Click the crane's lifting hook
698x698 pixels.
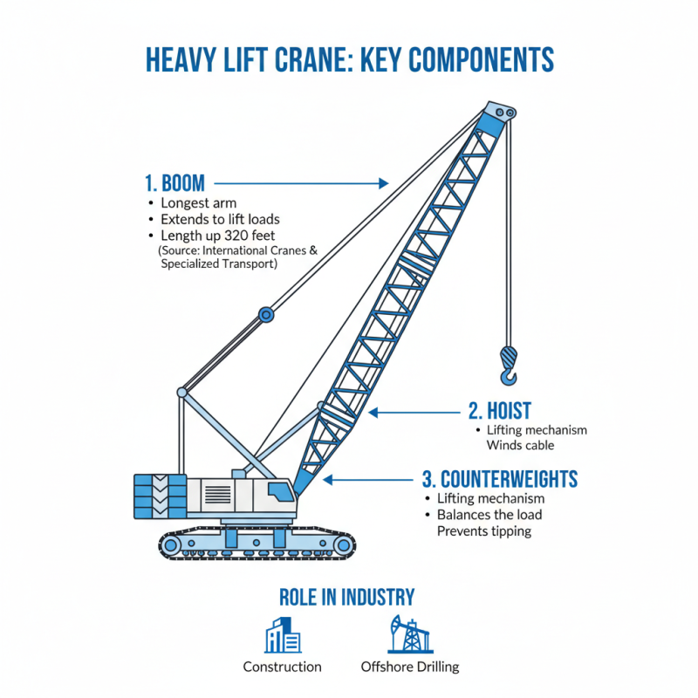coord(509,363)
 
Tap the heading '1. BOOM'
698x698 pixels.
coord(174,183)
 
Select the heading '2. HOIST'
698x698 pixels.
coord(500,411)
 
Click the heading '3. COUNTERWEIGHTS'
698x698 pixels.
coord(499,479)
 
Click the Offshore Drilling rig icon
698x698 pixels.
coord(408,635)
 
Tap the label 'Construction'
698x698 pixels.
coord(282,667)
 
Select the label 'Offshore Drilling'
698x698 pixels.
coord(409,667)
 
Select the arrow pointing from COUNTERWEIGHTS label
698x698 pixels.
coord(371,479)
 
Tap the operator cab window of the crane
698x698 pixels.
coord(280,490)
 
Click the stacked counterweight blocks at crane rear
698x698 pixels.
coord(160,498)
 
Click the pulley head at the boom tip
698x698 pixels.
coord(498,113)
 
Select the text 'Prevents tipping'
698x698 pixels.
coord(483,531)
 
